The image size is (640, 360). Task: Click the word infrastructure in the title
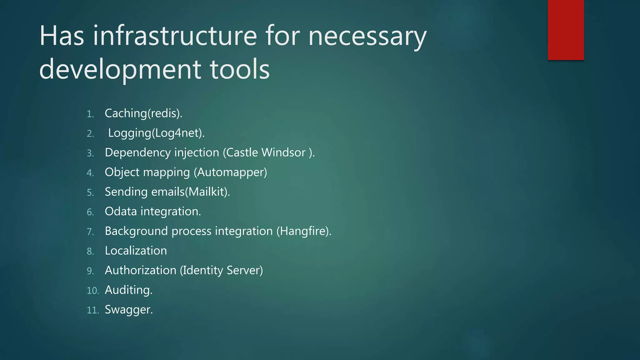(175, 36)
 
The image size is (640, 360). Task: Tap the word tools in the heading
(240, 69)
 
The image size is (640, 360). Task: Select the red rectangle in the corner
(566, 30)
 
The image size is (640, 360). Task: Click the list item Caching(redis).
(143, 113)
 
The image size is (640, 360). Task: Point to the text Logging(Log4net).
(156, 133)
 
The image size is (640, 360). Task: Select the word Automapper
(232, 172)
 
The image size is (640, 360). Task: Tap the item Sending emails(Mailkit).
(167, 192)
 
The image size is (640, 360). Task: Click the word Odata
(121, 212)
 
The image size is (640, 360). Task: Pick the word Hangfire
(303, 231)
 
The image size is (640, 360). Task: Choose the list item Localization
(136, 251)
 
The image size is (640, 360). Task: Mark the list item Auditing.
(128, 290)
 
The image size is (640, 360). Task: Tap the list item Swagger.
(129, 310)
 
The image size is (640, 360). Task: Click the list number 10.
(92, 291)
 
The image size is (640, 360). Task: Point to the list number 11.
(92, 310)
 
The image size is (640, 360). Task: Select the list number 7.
(90, 232)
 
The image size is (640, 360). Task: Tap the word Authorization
(140, 270)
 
